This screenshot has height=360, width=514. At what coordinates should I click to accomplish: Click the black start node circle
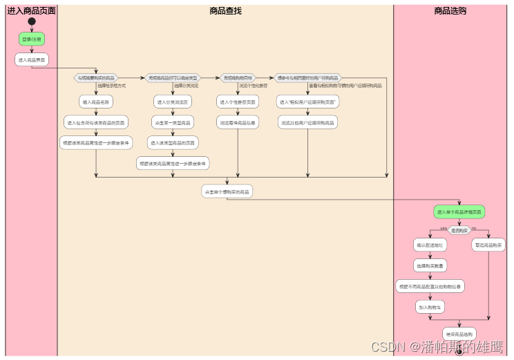click(x=32, y=21)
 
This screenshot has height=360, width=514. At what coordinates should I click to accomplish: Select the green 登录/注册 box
click(x=32, y=39)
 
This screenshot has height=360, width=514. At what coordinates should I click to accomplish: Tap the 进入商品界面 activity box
click(x=32, y=59)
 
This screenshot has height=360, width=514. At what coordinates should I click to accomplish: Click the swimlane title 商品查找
click(x=225, y=10)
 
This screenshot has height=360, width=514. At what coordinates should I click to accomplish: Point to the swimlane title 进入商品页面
click(x=31, y=10)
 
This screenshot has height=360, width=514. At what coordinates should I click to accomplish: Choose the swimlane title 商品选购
click(x=450, y=10)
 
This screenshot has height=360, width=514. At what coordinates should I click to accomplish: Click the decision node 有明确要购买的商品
click(x=96, y=77)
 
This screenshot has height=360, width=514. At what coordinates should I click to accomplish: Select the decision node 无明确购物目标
click(x=238, y=77)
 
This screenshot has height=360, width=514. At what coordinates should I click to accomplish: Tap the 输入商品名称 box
click(x=96, y=102)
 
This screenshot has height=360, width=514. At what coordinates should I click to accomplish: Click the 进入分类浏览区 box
click(x=172, y=102)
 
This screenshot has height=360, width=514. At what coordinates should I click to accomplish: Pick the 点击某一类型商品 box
click(x=172, y=122)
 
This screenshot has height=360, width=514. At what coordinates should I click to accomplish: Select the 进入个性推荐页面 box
click(x=238, y=102)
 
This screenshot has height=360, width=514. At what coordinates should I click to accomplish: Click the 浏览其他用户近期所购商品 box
click(x=308, y=122)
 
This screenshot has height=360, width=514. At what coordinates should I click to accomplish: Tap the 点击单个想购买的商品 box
click(x=227, y=191)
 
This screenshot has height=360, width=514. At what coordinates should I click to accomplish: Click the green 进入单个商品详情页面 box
click(x=459, y=211)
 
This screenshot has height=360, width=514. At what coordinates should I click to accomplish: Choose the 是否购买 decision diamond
click(x=459, y=229)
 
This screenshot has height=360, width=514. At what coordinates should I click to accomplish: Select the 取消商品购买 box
click(x=488, y=245)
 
